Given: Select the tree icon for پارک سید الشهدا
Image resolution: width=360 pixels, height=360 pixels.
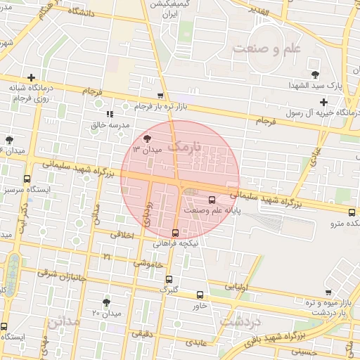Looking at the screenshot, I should coord(314,74).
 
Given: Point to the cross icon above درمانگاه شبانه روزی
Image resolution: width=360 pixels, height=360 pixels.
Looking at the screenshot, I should coord(31,77).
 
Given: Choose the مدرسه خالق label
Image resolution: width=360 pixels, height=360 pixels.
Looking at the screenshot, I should coord(111,124).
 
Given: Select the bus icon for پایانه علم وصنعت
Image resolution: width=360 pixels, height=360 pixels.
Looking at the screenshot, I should coord(212,199).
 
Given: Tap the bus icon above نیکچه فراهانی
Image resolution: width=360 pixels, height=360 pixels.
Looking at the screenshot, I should coord(175,233).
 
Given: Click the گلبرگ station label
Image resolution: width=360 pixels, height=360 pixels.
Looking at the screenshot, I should coord(169,288).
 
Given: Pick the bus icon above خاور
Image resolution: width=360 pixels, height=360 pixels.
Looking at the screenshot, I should coord(200,295).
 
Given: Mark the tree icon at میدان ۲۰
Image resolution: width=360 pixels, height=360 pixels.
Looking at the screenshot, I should coord(106,302).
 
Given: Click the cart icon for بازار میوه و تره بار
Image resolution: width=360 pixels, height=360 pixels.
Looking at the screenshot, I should coord(328,292).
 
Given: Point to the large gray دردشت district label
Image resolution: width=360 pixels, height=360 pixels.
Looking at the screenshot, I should coord(240,321).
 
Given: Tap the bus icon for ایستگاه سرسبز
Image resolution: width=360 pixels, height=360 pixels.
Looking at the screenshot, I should coord(27,179).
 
